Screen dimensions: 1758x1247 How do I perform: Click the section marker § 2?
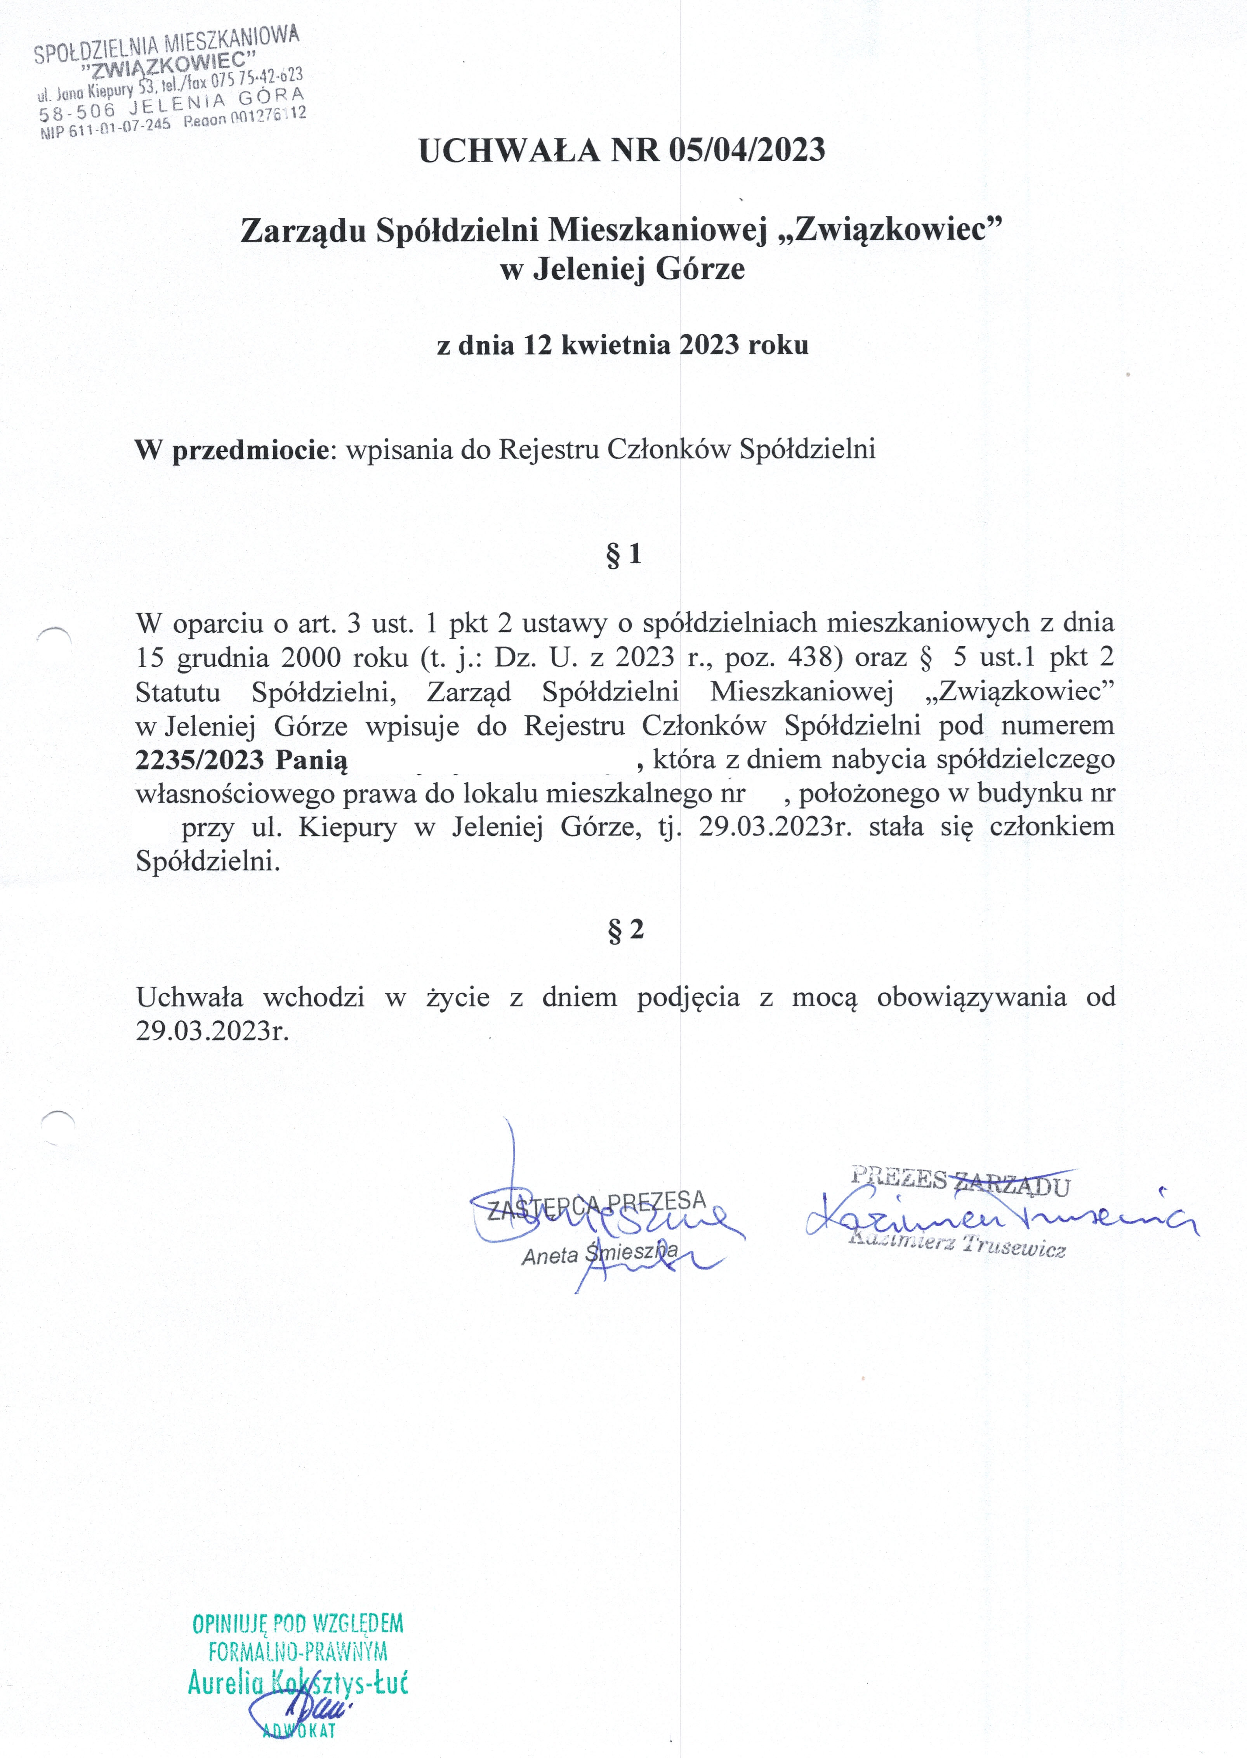tap(625, 930)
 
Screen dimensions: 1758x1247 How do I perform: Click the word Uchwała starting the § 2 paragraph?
tap(190, 997)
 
